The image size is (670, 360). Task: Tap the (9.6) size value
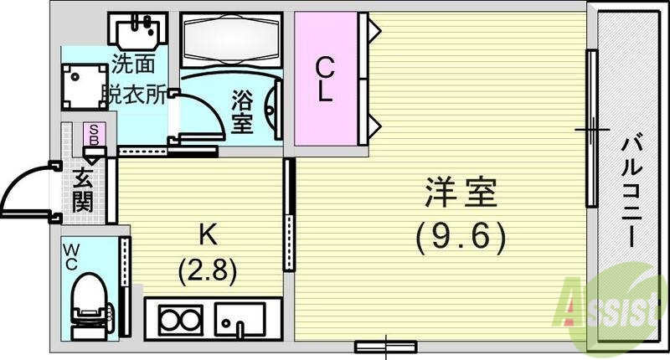click(x=461, y=239)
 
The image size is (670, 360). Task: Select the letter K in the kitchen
click(x=204, y=232)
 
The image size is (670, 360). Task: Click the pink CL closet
click(x=325, y=78)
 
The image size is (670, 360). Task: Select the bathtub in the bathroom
click(x=222, y=43)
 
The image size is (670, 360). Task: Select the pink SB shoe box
click(x=95, y=136)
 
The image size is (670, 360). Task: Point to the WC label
click(x=72, y=256)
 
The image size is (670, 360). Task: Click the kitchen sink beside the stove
click(x=240, y=319)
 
